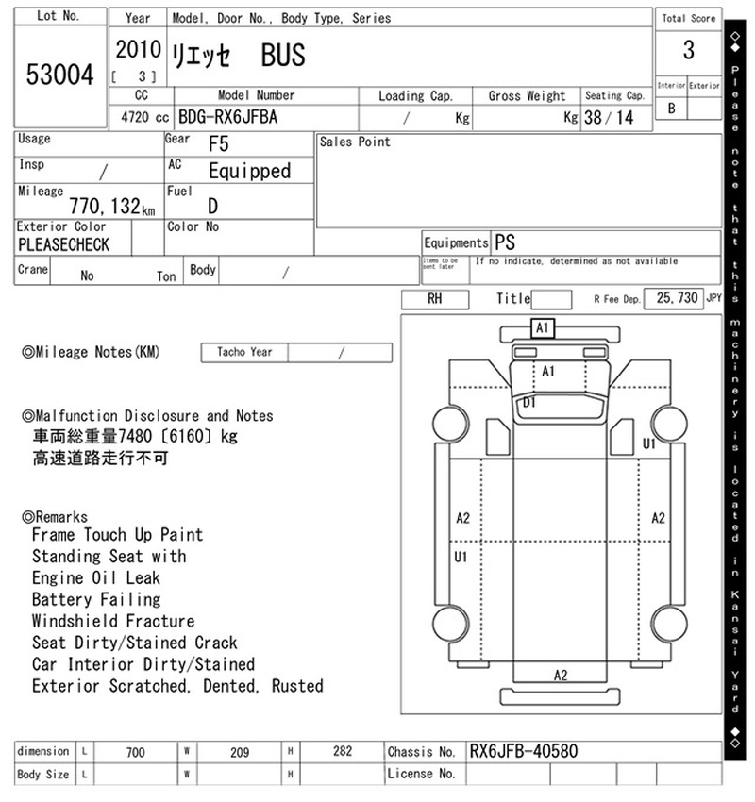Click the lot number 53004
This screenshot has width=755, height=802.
59,75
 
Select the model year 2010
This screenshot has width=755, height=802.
138,50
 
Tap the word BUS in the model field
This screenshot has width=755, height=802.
283,55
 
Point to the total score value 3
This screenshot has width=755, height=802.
689,50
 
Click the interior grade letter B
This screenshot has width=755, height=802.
672,109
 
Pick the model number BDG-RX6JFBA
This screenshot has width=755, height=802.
227,117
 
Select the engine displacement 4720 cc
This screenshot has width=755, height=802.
144,118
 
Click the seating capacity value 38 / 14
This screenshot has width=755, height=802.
609,118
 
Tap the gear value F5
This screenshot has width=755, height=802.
218,144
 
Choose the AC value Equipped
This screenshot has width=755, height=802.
249,171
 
